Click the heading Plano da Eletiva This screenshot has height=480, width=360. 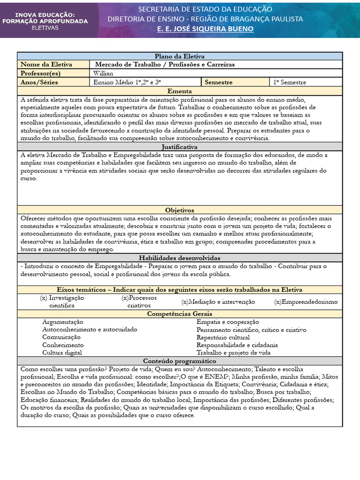(x=180, y=56)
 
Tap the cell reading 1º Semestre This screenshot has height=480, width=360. (x=290, y=82)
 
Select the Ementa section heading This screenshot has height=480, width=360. (x=180, y=91)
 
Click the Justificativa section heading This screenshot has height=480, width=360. (x=180, y=147)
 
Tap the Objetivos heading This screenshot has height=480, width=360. (x=180, y=210)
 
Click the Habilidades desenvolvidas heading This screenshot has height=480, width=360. (x=180, y=258)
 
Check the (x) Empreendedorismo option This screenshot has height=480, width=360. (x=306, y=302)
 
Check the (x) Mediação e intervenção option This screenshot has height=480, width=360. (x=218, y=302)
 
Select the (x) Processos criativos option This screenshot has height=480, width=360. (x=139, y=301)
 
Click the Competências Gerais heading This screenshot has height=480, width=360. (x=180, y=314)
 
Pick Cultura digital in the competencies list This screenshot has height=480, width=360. (x=62, y=352)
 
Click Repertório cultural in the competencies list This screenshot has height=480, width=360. (x=223, y=337)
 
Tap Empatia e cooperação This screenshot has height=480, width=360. (x=228, y=322)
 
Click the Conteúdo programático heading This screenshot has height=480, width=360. (x=180, y=361)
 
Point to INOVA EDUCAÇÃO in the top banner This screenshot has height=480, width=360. (x=45, y=15)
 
